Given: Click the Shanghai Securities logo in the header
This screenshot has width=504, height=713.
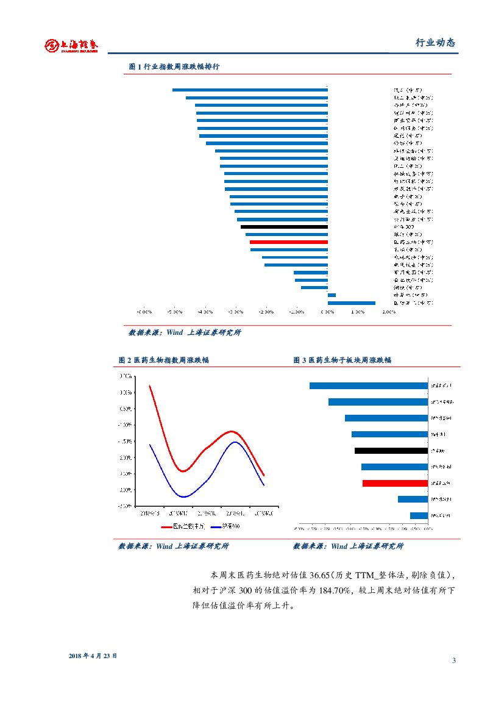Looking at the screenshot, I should [71, 46].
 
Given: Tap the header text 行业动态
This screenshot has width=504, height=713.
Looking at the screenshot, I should [435, 43].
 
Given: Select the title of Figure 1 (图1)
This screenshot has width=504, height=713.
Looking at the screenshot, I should [174, 66].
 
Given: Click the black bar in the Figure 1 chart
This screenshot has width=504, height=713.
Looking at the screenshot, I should [284, 227].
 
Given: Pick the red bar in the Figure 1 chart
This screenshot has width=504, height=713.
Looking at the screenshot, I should [289, 242].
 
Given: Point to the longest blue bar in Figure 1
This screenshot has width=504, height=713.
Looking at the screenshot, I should [250, 90].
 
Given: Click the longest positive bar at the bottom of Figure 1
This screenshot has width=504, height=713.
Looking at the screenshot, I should [352, 303].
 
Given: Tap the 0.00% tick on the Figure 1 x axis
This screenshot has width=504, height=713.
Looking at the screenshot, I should [328, 311].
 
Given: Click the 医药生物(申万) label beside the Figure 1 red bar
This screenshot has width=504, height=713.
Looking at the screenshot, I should [413, 242].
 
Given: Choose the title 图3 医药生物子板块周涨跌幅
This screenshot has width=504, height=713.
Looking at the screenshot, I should [342, 360].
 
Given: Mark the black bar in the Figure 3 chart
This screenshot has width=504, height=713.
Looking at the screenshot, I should [391, 451].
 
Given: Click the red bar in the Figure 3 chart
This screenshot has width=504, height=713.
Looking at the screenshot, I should [395, 483].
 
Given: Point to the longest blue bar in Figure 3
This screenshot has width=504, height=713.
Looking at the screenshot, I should [369, 385].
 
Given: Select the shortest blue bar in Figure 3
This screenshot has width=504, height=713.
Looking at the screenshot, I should [419, 515].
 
